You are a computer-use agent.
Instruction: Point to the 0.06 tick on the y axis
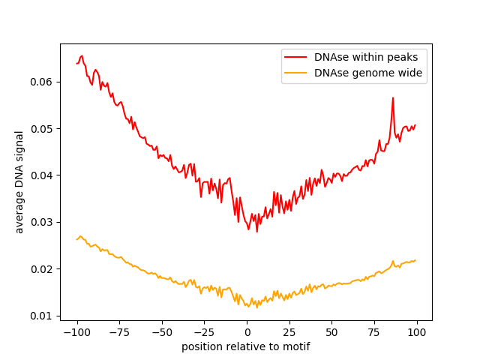42,82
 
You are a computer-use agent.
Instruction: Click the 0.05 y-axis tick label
42,129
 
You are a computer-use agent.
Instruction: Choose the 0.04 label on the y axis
42,175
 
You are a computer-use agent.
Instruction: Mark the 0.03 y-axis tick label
42,222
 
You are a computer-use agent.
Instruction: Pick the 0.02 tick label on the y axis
42,269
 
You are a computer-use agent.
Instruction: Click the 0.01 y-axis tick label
42,316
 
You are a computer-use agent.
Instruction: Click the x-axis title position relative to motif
246,346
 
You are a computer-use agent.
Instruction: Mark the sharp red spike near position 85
392,98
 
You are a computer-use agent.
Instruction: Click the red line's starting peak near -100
81,56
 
